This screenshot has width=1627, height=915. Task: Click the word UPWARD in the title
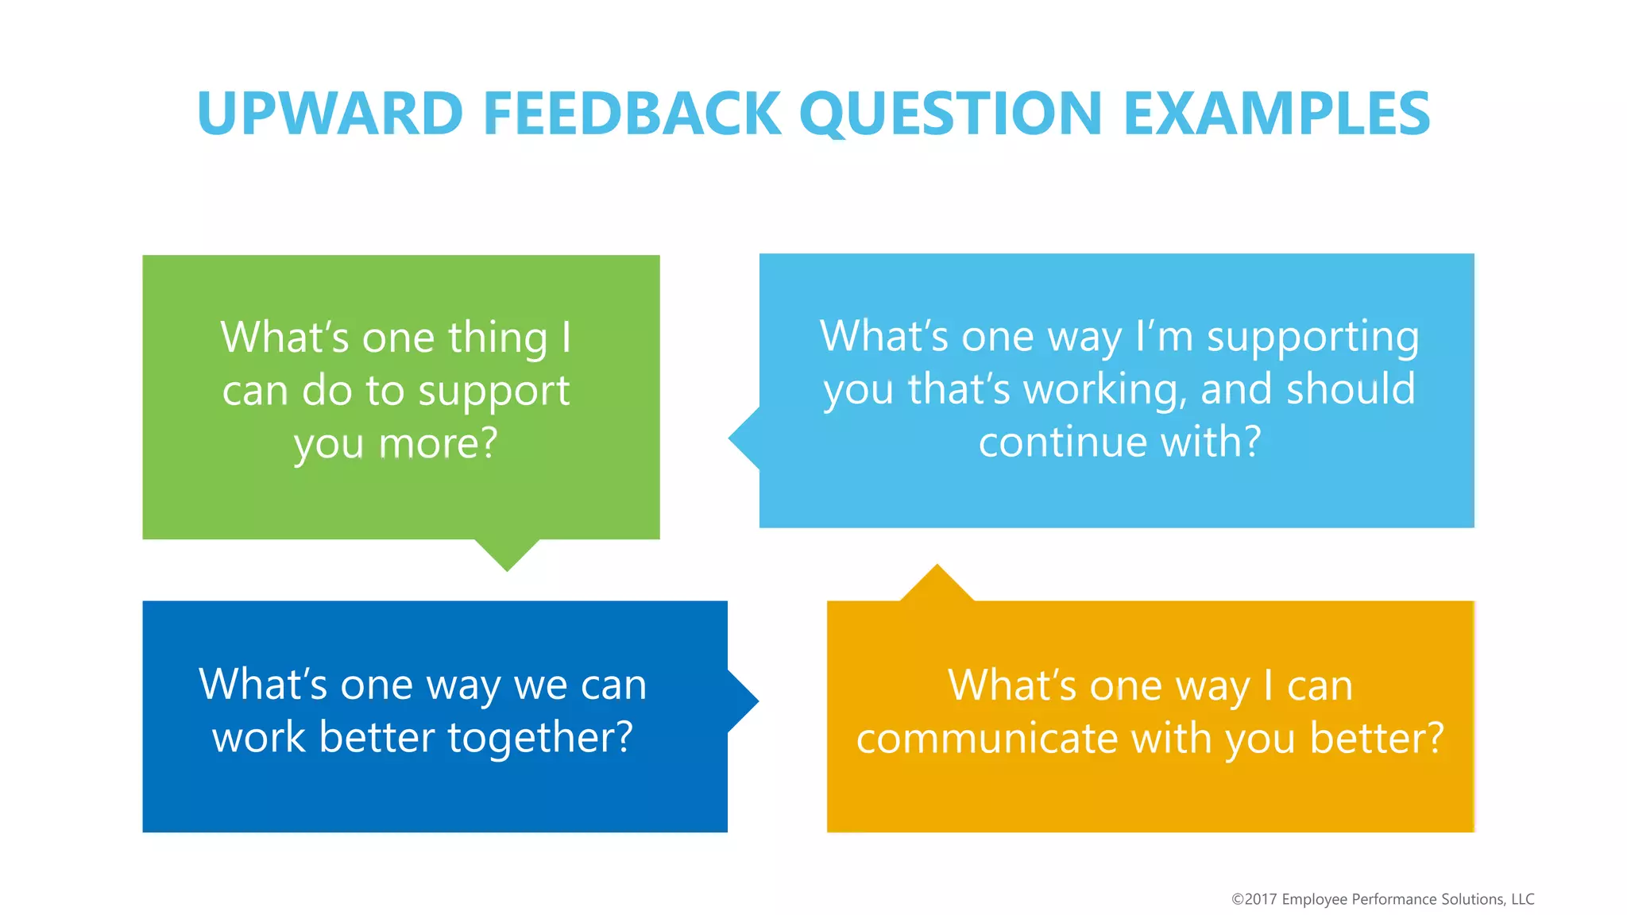pos(330,114)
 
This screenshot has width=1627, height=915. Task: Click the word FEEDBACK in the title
pos(632,114)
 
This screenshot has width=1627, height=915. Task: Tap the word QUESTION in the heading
pos(950,114)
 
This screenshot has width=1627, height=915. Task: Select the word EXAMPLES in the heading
pos(1277,114)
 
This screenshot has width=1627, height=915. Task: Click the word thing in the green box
pos(498,338)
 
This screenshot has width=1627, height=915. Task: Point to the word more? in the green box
pos(438,444)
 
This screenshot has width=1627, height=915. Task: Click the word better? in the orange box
pos(1376,739)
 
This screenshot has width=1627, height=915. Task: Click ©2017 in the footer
pos(1254,899)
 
